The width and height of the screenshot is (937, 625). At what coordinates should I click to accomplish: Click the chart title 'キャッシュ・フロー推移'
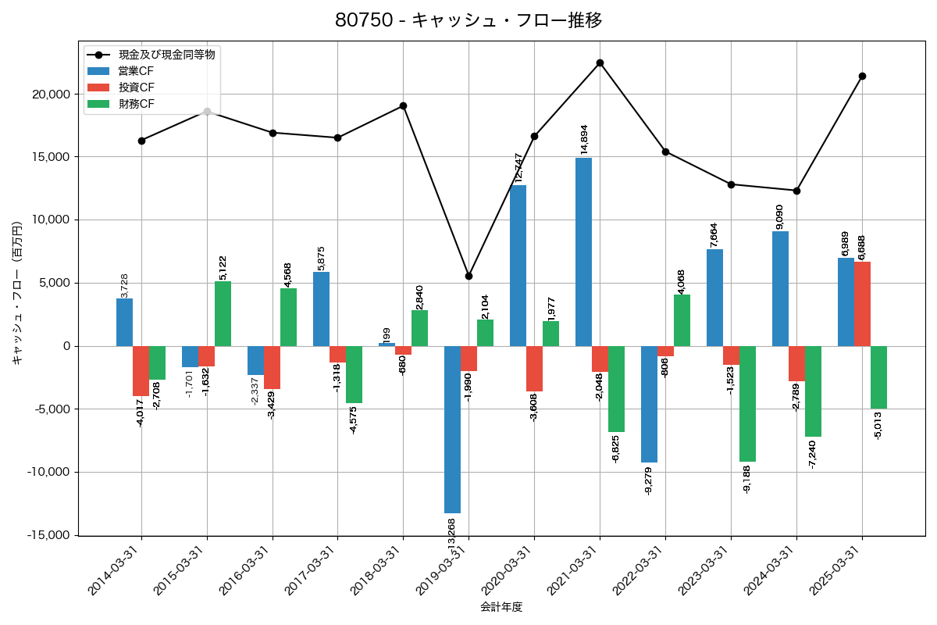point(468,20)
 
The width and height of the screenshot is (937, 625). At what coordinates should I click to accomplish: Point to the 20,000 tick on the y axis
point(49,94)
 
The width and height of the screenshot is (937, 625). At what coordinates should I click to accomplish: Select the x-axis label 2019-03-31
point(440,572)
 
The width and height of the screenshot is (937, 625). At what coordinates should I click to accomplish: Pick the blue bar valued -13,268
point(452,430)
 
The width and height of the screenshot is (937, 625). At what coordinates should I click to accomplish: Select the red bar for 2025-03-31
point(862,304)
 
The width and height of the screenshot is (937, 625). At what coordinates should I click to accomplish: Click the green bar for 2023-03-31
point(747,404)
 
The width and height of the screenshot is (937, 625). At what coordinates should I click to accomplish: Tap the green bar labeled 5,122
point(223,313)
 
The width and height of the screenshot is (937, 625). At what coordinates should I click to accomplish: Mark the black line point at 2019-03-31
point(468,276)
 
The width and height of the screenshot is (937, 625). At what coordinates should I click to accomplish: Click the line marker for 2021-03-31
point(600,62)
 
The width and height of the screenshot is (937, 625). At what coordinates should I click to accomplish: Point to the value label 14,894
point(584,137)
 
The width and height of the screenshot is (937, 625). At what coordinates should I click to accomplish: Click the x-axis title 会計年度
point(501,607)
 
